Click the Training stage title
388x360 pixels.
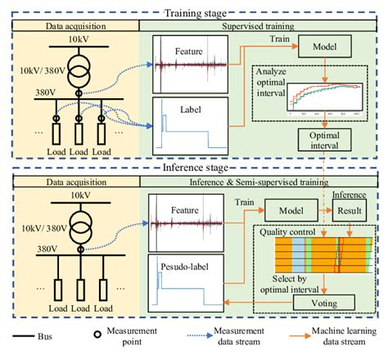194,11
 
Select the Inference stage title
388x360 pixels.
195,166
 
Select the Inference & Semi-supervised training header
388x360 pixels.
255,182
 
